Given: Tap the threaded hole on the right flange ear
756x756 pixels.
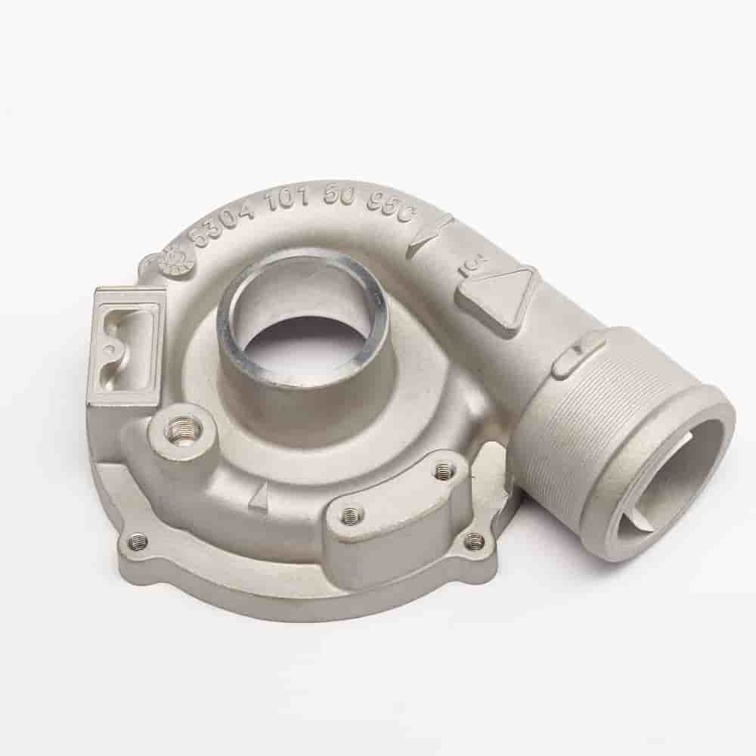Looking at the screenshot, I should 474,540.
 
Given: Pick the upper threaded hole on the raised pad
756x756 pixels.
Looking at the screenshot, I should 444,472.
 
